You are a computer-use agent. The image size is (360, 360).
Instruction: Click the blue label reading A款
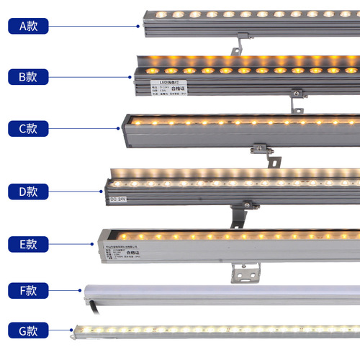coord(28,25)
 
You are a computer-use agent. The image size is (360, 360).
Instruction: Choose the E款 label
coord(28,243)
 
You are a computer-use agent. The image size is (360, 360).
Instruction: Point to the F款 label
coord(28,291)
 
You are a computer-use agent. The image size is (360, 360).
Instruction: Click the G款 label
coord(28,330)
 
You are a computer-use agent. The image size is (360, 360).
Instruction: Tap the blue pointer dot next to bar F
coord(79,291)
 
